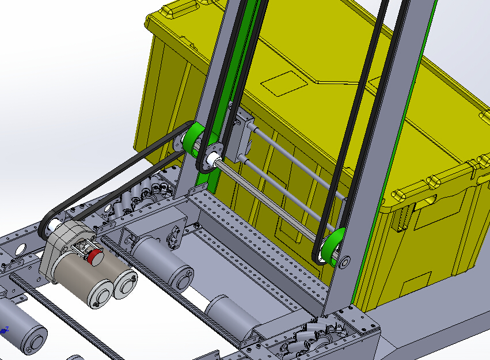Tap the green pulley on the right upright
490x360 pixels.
pos(332,245)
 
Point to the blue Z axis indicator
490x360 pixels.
pos(6,329)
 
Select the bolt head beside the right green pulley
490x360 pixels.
pos(345,262)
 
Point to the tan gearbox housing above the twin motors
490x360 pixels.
pos(63,242)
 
